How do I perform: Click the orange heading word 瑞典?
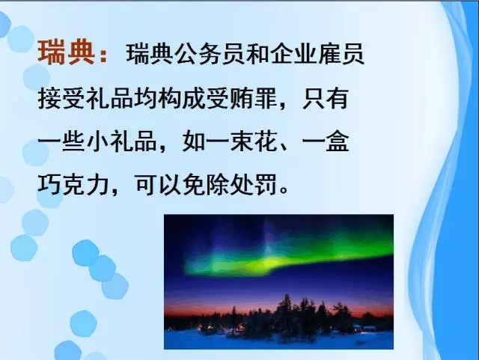[66, 52]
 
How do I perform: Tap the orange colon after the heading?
[103, 54]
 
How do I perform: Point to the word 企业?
[293, 54]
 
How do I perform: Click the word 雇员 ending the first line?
[341, 54]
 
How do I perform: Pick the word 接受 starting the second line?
[61, 98]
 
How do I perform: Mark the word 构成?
[181, 98]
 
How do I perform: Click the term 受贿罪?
[241, 98]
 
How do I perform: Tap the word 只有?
[326, 98]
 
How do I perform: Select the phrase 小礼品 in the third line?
[121, 141]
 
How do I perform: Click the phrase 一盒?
[326, 141]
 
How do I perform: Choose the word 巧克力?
[73, 185]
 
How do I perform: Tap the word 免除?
[205, 185]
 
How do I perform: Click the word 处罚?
[253, 185]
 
